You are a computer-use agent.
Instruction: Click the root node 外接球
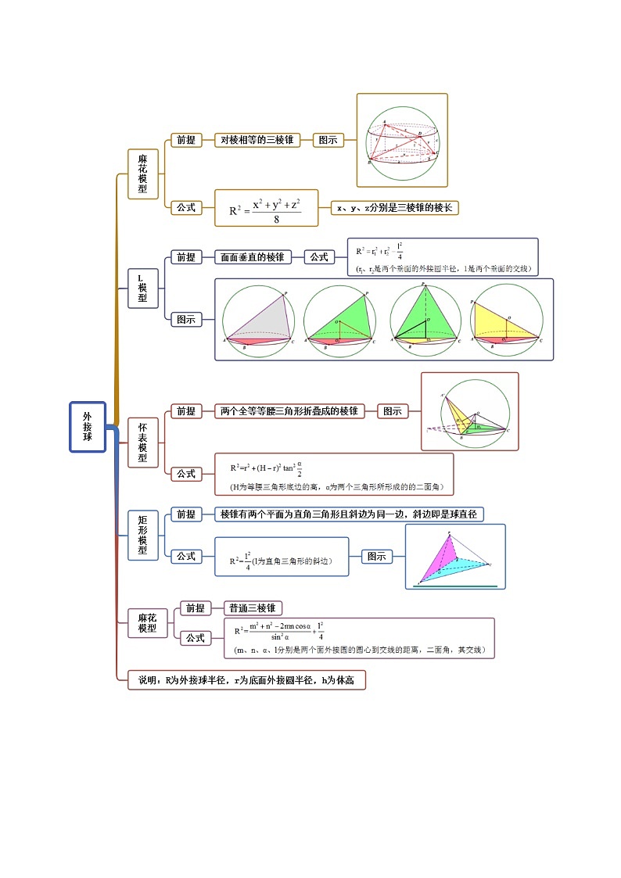(x=87, y=427)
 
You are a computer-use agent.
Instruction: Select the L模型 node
(x=142, y=288)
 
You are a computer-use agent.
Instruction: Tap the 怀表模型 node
(x=142, y=443)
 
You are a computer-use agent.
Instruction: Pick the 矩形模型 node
(x=142, y=535)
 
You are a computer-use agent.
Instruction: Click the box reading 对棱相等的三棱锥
(x=257, y=140)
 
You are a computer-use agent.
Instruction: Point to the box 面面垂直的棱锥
(x=252, y=256)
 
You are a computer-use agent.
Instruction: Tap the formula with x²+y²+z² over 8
(x=266, y=208)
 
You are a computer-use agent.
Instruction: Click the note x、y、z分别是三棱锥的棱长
(x=394, y=207)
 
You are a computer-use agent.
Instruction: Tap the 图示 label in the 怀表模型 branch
(x=393, y=410)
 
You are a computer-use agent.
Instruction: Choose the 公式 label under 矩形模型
(x=185, y=556)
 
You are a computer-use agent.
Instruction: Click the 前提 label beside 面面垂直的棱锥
(x=185, y=256)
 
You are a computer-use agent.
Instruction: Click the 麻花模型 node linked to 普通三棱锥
(x=148, y=623)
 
